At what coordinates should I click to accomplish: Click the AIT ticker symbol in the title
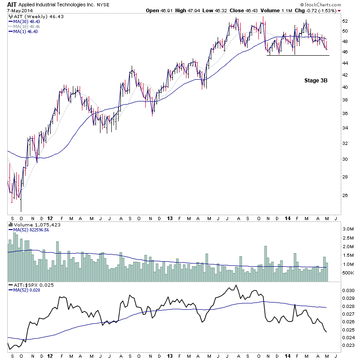(x=12, y=5)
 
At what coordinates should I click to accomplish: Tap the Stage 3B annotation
(x=315, y=80)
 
